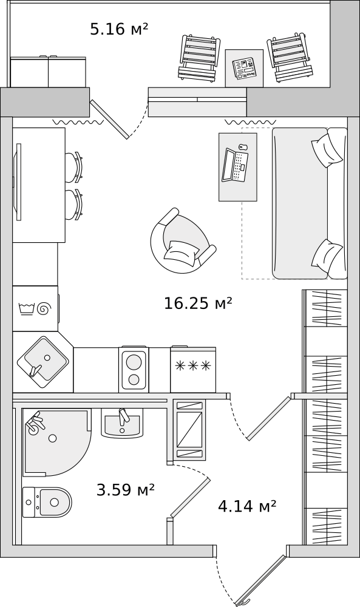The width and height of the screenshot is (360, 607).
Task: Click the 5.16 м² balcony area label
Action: point(119,29)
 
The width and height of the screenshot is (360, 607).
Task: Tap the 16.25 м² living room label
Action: point(198,303)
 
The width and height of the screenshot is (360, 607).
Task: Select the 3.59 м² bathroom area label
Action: point(126,490)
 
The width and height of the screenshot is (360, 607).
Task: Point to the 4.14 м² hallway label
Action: point(247,506)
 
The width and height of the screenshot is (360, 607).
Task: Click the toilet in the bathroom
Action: point(47,502)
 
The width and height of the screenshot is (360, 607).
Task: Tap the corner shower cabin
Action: point(56,442)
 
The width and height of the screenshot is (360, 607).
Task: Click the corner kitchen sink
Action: point(42,362)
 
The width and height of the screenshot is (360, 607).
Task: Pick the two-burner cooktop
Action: point(134,369)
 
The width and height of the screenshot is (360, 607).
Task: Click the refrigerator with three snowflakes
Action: point(193,369)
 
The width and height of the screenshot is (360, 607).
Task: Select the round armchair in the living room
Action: point(182,241)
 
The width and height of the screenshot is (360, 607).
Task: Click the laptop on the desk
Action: point(235,165)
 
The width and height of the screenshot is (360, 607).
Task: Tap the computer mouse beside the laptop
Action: point(243,147)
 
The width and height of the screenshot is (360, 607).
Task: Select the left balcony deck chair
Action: point(198,58)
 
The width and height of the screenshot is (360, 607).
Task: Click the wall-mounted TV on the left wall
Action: point(18,182)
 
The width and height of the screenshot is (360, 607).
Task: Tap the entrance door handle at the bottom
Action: point(243,602)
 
